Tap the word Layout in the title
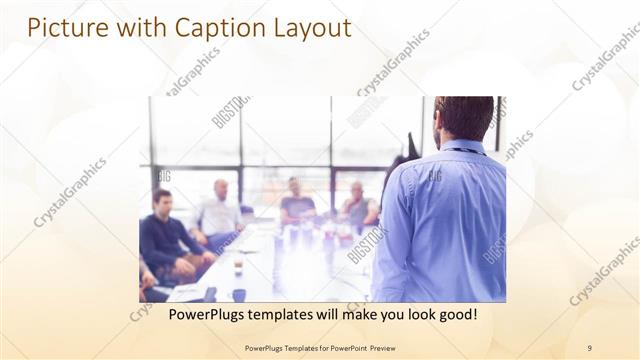pyautogui.click(x=304, y=29)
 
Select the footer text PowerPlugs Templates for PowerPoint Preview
pyautogui.click(x=319, y=348)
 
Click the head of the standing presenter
pyautogui.click(x=463, y=118)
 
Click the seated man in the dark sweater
pyautogui.click(x=165, y=235)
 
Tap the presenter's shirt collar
pyautogui.click(x=462, y=147)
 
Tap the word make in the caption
pyautogui.click(x=355, y=314)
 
